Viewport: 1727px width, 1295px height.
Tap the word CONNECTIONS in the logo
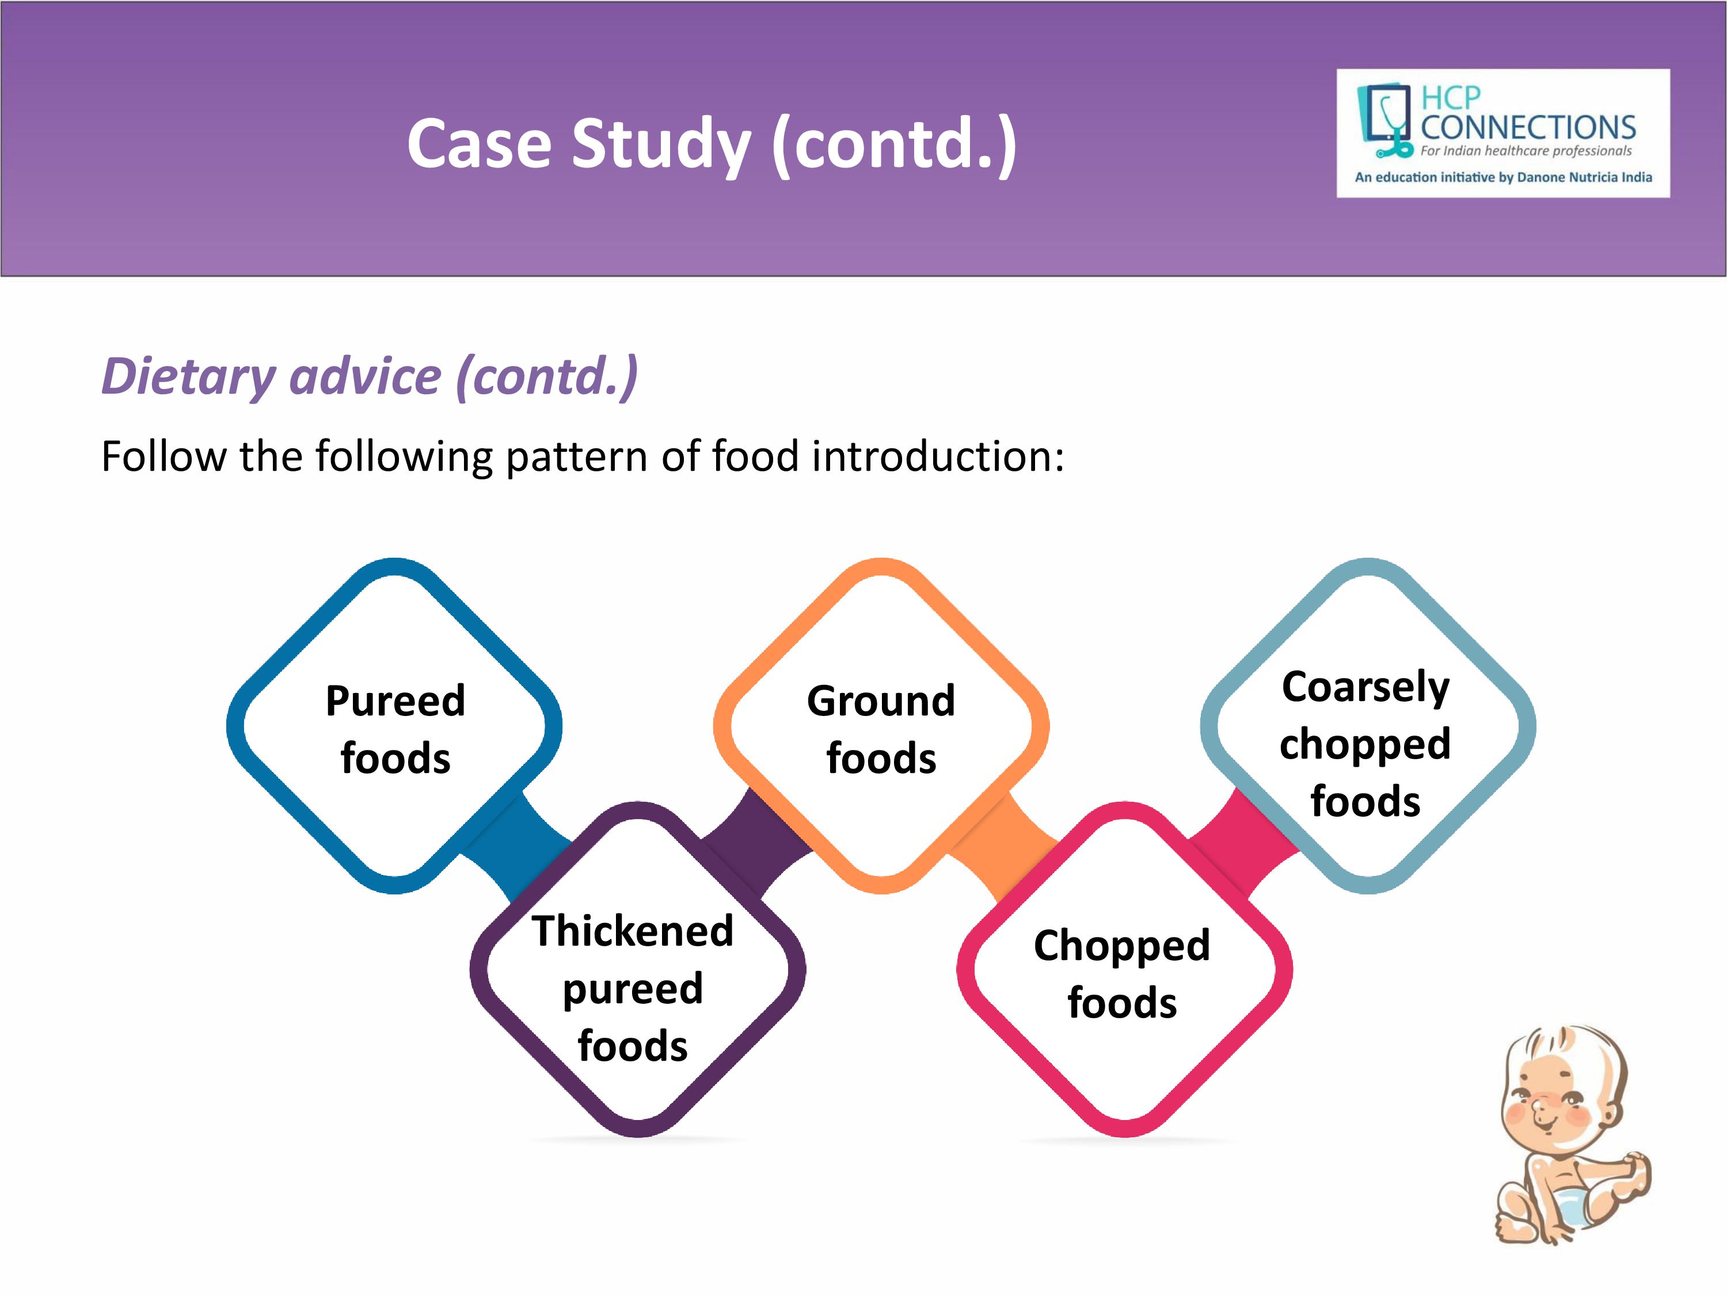click(1528, 127)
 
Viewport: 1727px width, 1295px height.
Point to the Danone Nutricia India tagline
click(1503, 177)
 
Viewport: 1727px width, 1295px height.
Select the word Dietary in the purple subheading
click(189, 377)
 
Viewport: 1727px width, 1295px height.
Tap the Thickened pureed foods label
click(633, 988)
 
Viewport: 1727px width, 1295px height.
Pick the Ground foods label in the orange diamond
click(881, 729)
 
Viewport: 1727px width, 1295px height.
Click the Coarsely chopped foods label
click(1365, 743)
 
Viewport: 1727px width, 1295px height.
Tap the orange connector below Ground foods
click(1004, 848)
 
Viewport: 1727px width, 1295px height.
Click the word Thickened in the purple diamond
click(633, 931)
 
